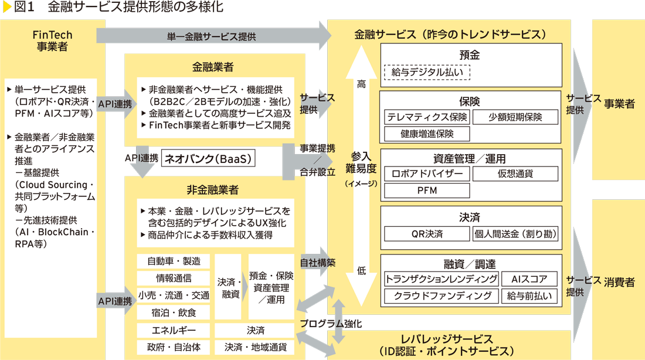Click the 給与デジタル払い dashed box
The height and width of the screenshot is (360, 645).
click(x=427, y=72)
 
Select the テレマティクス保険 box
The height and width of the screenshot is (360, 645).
click(x=427, y=117)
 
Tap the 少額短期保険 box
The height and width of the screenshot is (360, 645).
click(x=515, y=117)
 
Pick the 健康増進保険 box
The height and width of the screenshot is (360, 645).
click(x=427, y=134)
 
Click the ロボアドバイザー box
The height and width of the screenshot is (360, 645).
click(x=427, y=174)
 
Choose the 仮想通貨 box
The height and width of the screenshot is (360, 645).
click(x=515, y=174)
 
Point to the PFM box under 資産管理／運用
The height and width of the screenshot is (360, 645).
click(x=427, y=191)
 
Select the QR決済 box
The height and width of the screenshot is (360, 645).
click(x=427, y=234)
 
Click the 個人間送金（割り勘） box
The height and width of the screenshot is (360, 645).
click(x=515, y=234)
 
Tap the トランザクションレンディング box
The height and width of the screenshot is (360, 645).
click(x=442, y=279)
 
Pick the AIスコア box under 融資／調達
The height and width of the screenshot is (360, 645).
click(x=529, y=279)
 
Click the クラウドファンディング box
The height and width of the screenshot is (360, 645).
click(x=442, y=296)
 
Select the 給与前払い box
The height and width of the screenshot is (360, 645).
click(x=529, y=296)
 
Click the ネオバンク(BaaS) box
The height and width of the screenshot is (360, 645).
click(x=210, y=158)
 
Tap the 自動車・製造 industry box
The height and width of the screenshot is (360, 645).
click(x=174, y=261)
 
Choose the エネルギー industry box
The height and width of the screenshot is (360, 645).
click(x=174, y=330)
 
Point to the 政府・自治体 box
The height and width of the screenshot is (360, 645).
click(x=174, y=347)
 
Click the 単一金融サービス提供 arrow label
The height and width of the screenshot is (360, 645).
click(x=211, y=36)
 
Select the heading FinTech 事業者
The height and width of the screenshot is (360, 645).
click(x=53, y=41)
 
